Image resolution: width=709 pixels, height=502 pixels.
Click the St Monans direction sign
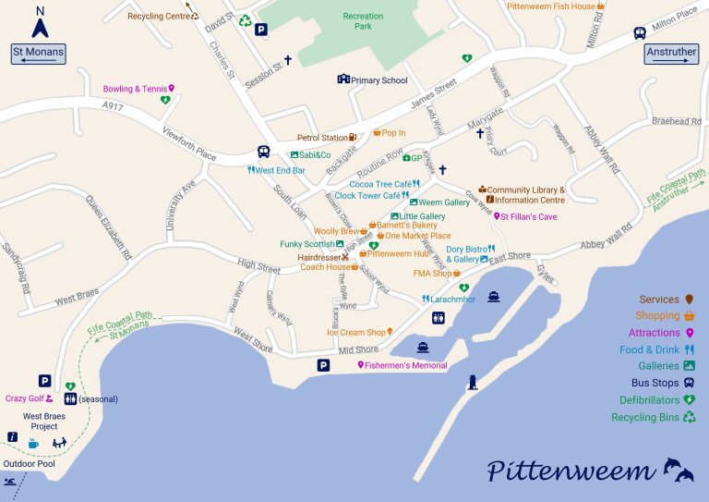click(39, 54)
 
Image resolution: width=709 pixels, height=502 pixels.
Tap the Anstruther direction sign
click(671, 54)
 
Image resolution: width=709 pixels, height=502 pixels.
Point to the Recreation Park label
click(363, 21)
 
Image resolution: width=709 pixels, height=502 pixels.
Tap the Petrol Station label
click(322, 138)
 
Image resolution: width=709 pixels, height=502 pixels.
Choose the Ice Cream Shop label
click(355, 332)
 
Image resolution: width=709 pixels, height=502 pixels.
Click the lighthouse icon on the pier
click(474, 382)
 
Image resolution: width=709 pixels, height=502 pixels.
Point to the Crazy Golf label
click(25, 398)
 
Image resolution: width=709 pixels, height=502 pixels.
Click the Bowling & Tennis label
click(135, 89)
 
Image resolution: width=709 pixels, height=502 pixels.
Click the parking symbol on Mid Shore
click(323, 365)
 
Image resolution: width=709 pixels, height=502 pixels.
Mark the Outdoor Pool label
click(29, 463)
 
